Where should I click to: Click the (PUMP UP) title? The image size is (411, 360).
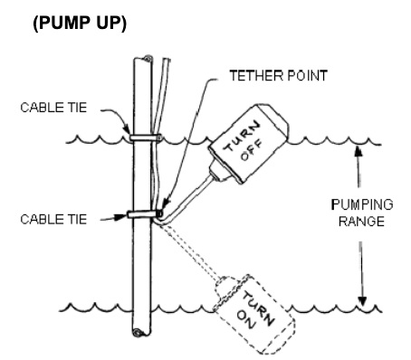[x=80, y=24]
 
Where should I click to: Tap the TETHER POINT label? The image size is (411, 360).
[x=278, y=76]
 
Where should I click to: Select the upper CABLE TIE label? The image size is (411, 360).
[x=53, y=108]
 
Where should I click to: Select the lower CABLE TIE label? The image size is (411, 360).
[x=53, y=219]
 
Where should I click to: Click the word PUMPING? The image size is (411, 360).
[x=362, y=205]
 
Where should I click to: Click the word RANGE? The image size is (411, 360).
[x=361, y=222]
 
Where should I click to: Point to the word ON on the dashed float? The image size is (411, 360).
[x=246, y=320]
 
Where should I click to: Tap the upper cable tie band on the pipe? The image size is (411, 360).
[x=145, y=137]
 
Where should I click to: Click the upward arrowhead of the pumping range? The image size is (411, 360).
[x=358, y=150]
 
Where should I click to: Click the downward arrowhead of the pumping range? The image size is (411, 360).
[x=362, y=301]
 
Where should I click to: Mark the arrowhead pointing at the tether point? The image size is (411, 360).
[x=167, y=204]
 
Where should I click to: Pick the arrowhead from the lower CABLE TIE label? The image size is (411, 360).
[x=121, y=216]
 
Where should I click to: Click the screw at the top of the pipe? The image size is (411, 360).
[x=148, y=59]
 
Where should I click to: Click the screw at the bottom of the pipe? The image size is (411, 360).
[x=137, y=333]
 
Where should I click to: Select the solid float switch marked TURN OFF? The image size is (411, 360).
[x=248, y=143]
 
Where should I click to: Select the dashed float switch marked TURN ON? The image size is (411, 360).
[x=254, y=314]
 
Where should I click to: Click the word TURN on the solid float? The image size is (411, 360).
[x=242, y=136]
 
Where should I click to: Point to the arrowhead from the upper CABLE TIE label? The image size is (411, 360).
[x=127, y=128]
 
